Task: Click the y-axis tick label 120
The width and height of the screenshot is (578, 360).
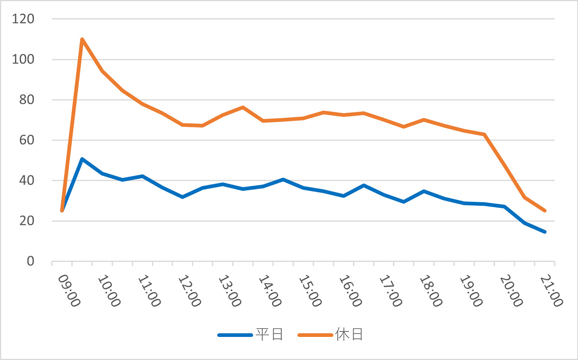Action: coord(23,19)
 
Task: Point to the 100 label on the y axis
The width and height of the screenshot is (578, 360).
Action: coord(23,59)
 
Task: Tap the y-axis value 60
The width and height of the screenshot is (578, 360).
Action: coord(26,140)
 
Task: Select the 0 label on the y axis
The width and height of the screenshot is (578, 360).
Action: coord(30,261)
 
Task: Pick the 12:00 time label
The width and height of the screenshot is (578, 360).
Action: coord(190,291)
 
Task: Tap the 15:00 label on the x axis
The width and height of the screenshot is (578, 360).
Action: coord(310,291)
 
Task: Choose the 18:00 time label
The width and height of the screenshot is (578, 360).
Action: coord(431,291)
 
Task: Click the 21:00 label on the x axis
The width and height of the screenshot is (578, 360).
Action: coord(552,291)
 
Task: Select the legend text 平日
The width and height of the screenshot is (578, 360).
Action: coord(269,334)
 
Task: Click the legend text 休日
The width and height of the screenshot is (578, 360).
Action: coord(349,334)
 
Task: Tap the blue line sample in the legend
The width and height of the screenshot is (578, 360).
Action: coord(235,335)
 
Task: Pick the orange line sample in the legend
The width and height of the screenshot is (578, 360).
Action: coord(315,335)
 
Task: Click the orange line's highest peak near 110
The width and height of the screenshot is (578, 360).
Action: coord(82,39)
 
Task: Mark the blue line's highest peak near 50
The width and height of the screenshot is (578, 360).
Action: coord(82,159)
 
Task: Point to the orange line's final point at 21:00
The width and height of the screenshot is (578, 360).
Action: coord(545,211)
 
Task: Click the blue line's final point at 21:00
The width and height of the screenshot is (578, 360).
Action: coord(545,232)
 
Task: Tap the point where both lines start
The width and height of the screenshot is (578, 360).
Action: coord(62,211)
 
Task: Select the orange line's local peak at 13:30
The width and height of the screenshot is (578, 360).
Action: coord(243,107)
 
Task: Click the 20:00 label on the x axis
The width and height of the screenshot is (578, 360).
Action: coord(511,291)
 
